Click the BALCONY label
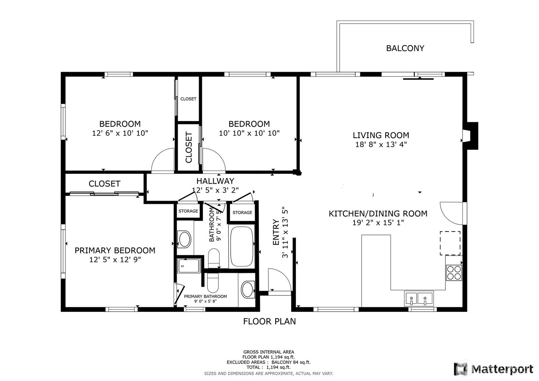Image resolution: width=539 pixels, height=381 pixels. click(405, 49)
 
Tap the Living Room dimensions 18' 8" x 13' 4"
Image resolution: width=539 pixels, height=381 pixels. click(381, 145)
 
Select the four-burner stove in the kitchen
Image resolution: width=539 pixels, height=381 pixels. click(454, 273)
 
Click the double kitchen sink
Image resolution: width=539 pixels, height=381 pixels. click(419, 298)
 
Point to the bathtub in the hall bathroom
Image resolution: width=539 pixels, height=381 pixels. click(242, 246)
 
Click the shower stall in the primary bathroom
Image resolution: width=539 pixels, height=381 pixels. click(189, 266)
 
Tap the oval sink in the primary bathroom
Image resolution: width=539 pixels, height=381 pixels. click(248, 290)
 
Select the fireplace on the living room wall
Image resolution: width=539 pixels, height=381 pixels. click(470, 136)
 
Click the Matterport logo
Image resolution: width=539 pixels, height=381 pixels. click(493, 369)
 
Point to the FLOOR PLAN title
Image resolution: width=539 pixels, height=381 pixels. click(269, 321)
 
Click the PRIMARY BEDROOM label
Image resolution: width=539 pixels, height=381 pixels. click(115, 250)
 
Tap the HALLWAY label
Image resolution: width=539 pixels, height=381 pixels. click(215, 181)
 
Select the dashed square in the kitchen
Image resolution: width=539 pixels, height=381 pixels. click(450, 243)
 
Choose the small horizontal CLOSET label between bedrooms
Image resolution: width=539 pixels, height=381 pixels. click(188, 99)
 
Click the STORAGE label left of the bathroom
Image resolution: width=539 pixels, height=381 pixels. click(188, 211)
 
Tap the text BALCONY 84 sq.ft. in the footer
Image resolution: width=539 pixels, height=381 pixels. click(291, 362)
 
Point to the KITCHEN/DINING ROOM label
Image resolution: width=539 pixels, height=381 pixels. click(378, 214)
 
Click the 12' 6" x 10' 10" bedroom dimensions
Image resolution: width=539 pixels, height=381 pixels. click(120, 133)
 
